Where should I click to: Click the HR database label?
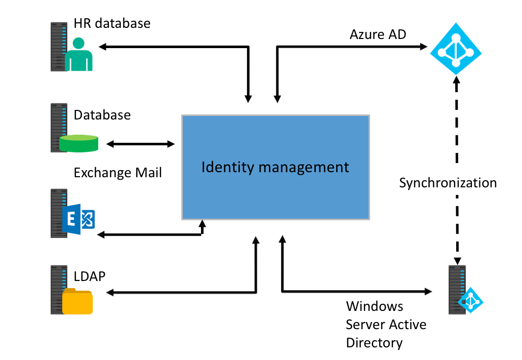point(112,23)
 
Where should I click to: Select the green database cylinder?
point(78,143)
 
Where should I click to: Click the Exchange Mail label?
point(117,173)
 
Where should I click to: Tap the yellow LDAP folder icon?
point(77,302)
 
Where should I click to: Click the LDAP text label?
point(90,276)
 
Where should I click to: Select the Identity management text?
point(275,167)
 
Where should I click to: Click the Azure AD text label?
point(378,34)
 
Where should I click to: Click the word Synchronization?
point(448,183)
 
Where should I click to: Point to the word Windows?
point(375,306)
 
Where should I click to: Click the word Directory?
point(374,343)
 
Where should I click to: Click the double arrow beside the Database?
point(140,144)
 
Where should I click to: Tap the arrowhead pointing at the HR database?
point(102,47)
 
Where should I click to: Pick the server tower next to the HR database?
point(59,46)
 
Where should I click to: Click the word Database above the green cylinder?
point(102,115)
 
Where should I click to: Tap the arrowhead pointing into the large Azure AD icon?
point(424,47)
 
